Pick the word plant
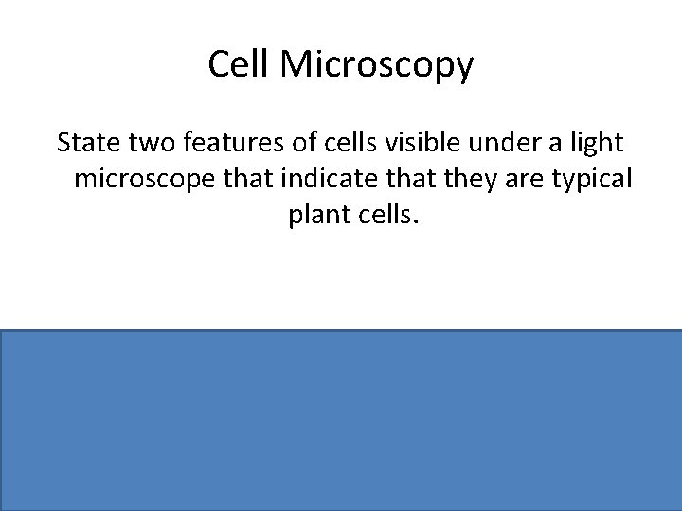[316, 216]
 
